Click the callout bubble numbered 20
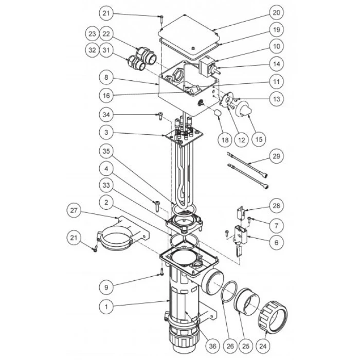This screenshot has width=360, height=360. [276, 13]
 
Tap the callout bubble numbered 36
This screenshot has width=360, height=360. [212, 346]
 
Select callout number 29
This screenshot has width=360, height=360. [276, 156]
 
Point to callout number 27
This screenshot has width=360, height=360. [74, 210]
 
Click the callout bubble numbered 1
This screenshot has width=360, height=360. [106, 307]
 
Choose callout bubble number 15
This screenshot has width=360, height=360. [259, 139]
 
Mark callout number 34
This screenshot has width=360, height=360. [106, 115]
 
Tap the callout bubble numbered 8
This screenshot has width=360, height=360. [106, 77]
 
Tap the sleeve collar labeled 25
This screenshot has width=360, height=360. [246, 300]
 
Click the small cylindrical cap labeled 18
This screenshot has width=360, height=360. [218, 113]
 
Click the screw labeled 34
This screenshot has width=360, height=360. [160, 116]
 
